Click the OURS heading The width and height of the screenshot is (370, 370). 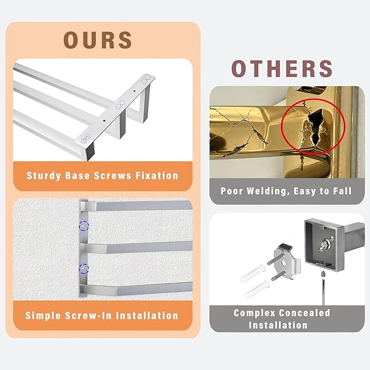98,40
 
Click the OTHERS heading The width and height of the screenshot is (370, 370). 282,69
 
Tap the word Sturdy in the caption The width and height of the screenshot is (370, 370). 44,176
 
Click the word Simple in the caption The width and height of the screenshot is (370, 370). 43,316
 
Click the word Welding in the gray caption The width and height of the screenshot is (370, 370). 268,191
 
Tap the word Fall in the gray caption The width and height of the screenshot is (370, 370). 342,191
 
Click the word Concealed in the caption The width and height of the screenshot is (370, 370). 305,313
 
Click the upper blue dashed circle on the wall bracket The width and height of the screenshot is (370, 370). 84,226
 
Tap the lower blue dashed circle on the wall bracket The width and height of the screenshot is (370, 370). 84,269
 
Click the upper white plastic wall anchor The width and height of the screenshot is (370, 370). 252,273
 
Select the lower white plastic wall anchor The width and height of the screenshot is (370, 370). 257,289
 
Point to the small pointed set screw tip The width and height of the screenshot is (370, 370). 323,274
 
